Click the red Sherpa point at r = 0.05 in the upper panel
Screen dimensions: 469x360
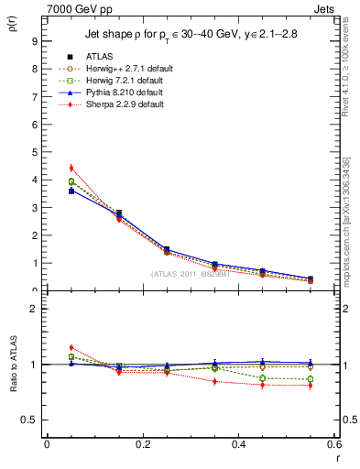coord(71,168)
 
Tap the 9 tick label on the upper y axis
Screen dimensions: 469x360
coord(35,40)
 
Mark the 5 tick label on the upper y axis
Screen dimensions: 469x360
coord(35,151)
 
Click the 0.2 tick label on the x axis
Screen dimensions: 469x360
coord(142,443)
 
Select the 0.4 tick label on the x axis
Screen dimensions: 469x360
coord(238,443)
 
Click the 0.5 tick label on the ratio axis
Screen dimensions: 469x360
coord(29,420)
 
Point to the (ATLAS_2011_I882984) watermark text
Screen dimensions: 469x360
coord(191,274)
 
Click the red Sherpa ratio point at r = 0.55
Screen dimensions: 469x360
coord(310,386)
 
